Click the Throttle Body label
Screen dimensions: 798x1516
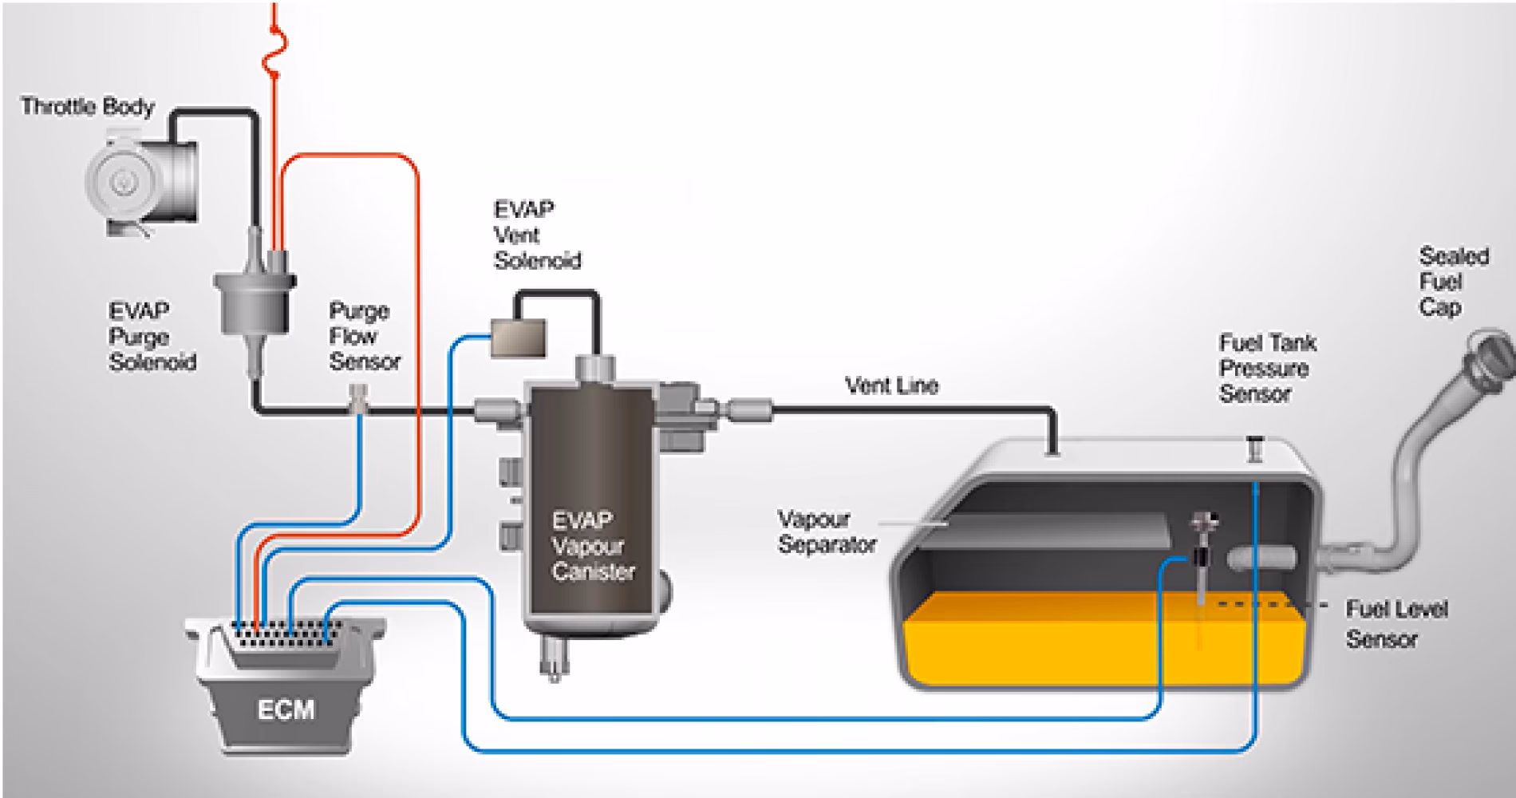pos(88,107)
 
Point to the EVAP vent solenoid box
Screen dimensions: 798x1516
pos(518,335)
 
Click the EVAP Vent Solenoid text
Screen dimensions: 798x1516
pos(537,235)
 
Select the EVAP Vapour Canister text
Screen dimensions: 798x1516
pos(593,546)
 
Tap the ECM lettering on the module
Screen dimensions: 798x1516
pos(286,709)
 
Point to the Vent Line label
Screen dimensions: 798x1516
pos(891,386)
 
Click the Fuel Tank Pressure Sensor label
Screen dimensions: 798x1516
pos(1267,368)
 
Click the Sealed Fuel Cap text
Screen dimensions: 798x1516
pos(1453,282)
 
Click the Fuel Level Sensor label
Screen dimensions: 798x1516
pos(1396,624)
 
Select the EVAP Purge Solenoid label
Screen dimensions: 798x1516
pos(152,336)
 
